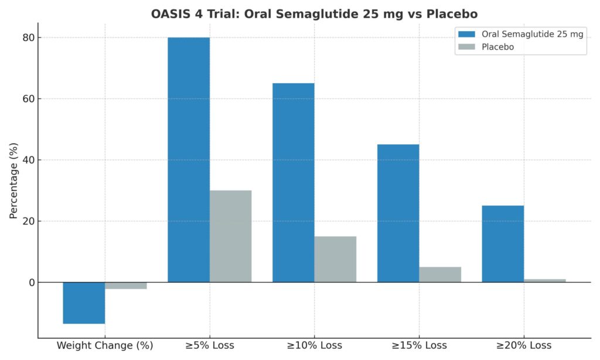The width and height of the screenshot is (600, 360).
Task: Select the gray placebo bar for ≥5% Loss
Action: [230, 236]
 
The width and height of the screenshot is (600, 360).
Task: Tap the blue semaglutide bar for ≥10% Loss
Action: [293, 182]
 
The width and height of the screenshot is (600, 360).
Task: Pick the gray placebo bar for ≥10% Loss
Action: [335, 259]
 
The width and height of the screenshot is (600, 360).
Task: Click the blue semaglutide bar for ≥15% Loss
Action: [398, 213]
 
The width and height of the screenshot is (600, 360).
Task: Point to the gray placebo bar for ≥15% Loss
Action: [440, 274]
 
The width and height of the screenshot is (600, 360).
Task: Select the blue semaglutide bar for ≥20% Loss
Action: [503, 243]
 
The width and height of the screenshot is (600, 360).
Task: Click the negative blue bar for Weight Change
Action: [84, 303]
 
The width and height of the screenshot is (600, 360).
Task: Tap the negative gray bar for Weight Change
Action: [126, 286]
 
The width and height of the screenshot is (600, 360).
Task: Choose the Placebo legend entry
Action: [497, 47]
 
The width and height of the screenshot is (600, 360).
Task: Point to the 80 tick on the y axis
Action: [28, 38]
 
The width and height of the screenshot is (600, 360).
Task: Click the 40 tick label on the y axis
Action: [28, 160]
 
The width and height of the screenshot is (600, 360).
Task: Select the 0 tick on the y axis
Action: [31, 283]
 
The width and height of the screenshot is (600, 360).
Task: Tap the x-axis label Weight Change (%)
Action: [105, 345]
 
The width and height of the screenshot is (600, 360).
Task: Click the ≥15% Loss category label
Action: [419, 345]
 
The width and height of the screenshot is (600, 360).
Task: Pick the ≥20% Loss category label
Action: [524, 345]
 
